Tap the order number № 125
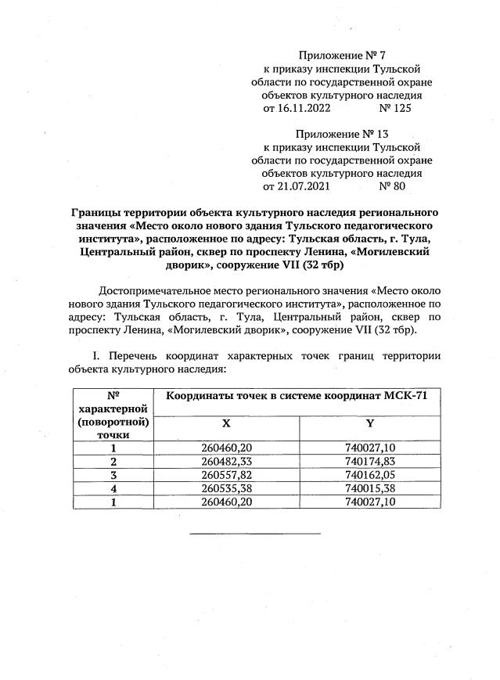(x=394, y=108)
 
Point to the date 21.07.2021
(x=297, y=187)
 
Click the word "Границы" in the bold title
(x=97, y=213)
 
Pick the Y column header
(x=369, y=422)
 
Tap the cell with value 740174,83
(x=369, y=462)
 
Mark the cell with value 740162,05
(x=369, y=475)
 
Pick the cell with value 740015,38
(x=369, y=488)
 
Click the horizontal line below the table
(x=255, y=534)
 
